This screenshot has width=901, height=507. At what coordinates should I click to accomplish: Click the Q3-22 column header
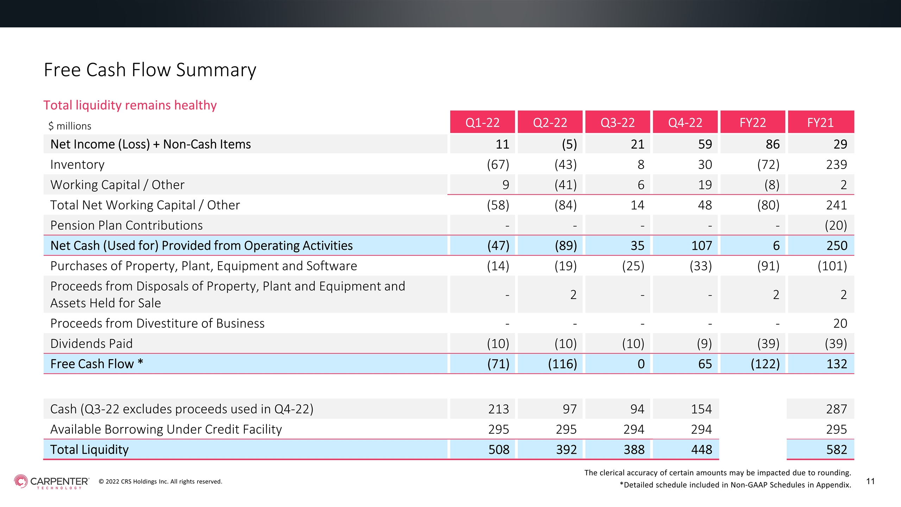(x=617, y=123)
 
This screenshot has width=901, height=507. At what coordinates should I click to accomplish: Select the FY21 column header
(x=820, y=123)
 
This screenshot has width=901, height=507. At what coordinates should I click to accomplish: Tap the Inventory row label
(x=77, y=164)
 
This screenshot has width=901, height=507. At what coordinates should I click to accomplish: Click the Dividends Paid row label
(x=92, y=343)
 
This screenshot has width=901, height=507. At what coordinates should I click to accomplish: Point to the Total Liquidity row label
(x=89, y=450)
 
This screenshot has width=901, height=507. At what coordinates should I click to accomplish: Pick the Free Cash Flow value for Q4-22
(x=705, y=364)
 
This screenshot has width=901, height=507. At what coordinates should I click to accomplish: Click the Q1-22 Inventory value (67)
(x=498, y=164)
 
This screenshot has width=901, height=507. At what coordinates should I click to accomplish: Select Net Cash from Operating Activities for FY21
(x=837, y=245)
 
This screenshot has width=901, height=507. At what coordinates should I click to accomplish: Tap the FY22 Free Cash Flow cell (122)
(x=765, y=364)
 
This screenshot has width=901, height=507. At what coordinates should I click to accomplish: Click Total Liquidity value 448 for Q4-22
(x=701, y=450)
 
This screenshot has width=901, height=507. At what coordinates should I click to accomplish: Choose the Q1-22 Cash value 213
(x=499, y=409)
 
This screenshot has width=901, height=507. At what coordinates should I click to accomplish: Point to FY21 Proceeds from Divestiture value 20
(x=840, y=323)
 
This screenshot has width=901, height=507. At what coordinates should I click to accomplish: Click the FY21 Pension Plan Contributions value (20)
(x=836, y=225)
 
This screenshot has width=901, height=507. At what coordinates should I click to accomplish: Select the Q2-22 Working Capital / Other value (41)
(x=566, y=185)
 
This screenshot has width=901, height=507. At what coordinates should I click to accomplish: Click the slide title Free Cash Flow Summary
(x=150, y=70)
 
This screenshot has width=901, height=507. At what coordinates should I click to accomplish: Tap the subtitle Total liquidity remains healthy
(x=130, y=105)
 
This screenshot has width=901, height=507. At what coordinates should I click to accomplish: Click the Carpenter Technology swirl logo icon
(x=21, y=481)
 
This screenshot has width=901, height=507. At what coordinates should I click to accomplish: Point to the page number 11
(x=870, y=481)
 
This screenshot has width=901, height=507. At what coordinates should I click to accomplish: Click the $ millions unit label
(x=70, y=126)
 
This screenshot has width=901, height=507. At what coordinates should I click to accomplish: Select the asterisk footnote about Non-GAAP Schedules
(x=735, y=485)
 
